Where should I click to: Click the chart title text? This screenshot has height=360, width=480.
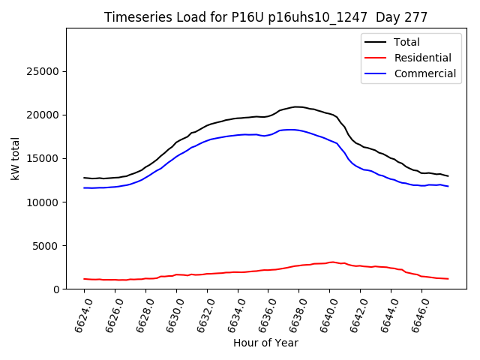266,17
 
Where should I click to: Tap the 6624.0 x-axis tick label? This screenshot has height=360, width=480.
78,313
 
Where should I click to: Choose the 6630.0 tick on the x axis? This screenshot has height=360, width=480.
170,313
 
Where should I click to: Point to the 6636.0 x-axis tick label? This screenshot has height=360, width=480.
262,313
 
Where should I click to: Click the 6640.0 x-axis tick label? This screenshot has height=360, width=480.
323,313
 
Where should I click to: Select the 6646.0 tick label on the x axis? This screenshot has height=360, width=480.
415,313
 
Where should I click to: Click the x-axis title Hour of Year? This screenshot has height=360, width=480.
265,343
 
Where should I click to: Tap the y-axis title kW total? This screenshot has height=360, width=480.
15,158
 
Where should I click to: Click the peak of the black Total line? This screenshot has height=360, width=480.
297,106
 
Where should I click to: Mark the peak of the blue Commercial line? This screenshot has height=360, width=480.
290,130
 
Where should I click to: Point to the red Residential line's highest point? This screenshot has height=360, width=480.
332,262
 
